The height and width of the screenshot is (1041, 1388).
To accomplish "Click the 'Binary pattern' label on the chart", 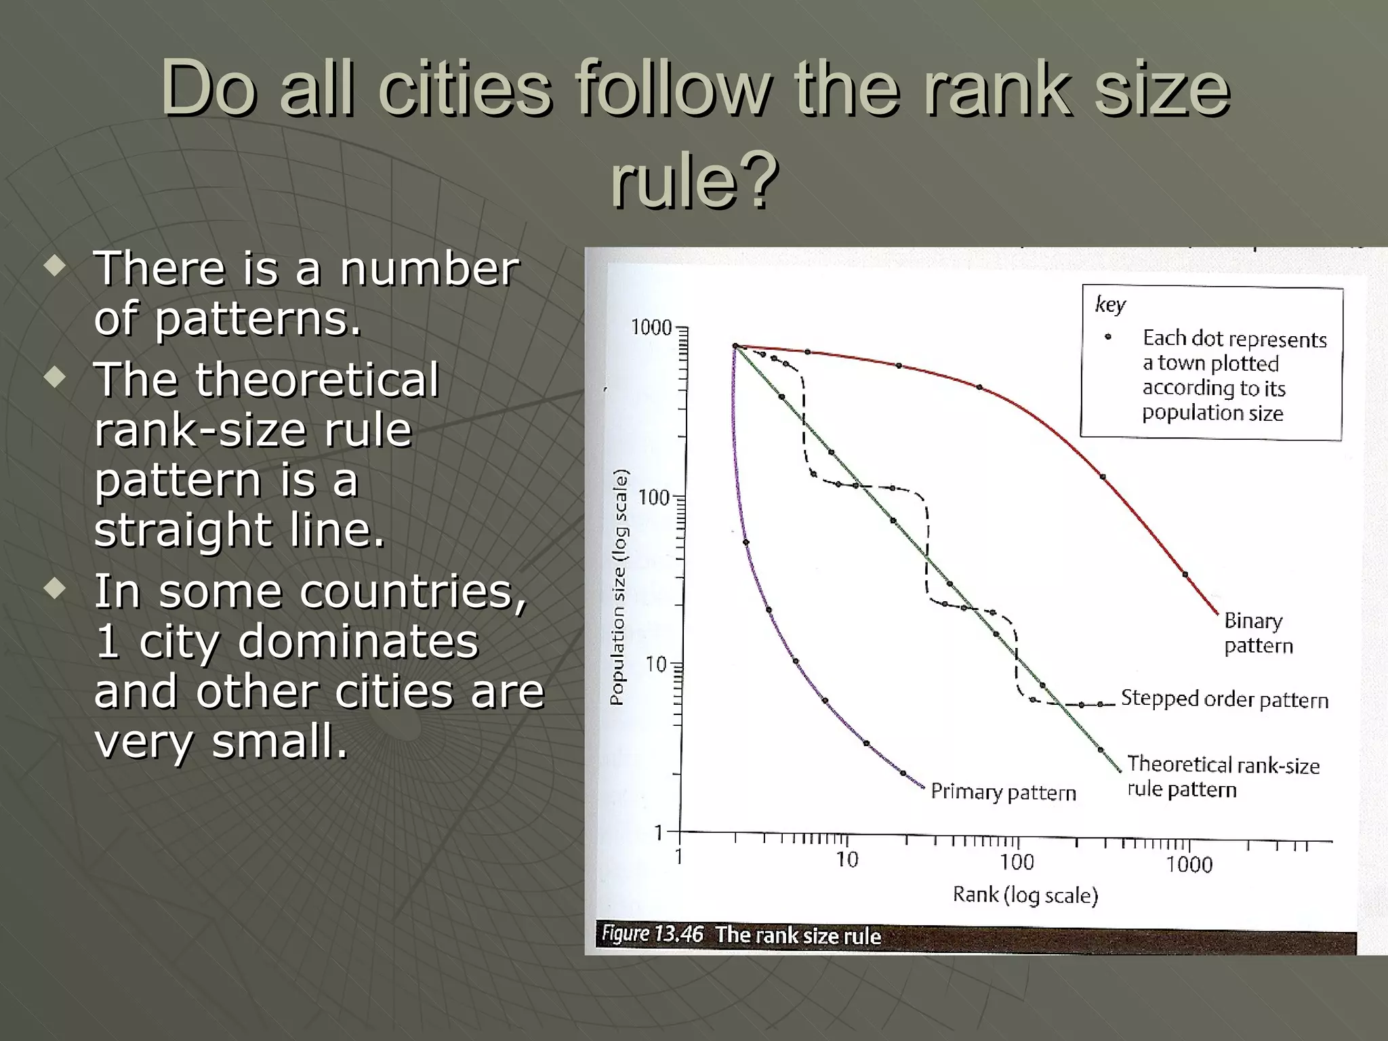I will pos(1258,632).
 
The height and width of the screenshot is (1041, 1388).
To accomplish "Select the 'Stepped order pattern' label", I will pos(1224,699).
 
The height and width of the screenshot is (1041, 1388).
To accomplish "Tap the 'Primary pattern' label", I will pos(1003,792).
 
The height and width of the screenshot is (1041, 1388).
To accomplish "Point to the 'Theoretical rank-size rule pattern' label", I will pos(1223,777).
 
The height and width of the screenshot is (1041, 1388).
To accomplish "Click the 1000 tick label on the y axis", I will pos(651,328).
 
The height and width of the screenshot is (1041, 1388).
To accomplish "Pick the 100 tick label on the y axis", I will pos(654,498).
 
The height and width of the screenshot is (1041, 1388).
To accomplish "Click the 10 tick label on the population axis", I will pos(656,665).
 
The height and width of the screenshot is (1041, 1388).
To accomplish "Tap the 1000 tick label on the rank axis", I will pos(1189,865).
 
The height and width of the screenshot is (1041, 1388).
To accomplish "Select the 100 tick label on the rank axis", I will pos(1017,863).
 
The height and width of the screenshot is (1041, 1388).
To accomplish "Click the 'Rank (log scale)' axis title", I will pos(1025,895).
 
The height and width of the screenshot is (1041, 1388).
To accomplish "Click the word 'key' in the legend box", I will pos(1110,305).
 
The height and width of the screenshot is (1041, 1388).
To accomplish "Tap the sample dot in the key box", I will pos(1108,337).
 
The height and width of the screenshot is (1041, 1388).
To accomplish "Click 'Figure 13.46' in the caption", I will pos(652,934).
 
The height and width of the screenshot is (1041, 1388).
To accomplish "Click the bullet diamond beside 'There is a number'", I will pos(55,266).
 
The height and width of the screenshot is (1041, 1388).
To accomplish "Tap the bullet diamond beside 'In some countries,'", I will pos(55,588).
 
